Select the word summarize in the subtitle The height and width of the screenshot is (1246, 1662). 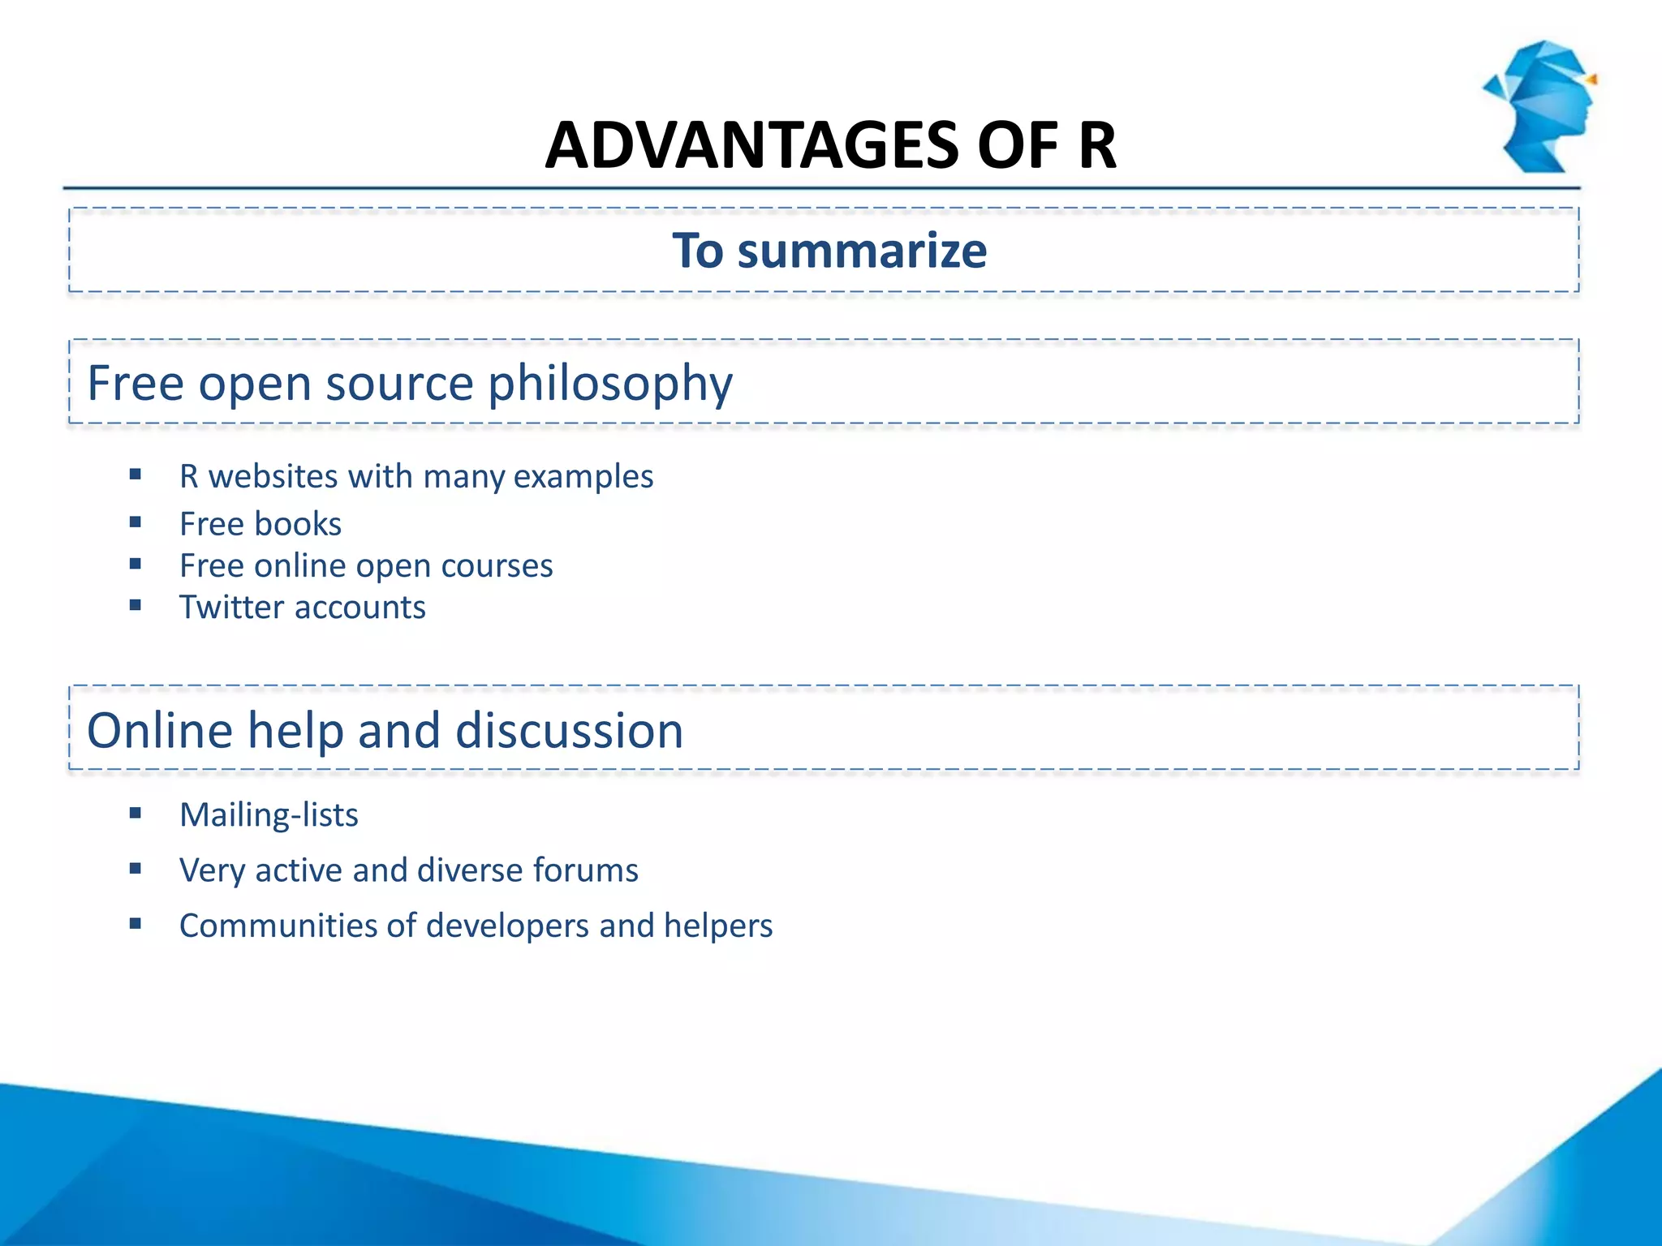coord(862,251)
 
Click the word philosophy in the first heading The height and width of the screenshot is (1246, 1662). coord(610,385)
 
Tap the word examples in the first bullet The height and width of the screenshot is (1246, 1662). coord(583,477)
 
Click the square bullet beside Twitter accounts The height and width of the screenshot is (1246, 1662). coord(136,605)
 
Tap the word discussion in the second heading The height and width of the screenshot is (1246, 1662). coord(569,731)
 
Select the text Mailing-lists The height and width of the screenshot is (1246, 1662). coord(269,815)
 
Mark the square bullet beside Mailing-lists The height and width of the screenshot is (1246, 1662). coord(136,813)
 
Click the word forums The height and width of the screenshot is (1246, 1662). coord(585,870)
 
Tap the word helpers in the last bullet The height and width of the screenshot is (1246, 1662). coord(717,926)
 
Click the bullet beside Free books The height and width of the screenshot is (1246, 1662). coord(136,522)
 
